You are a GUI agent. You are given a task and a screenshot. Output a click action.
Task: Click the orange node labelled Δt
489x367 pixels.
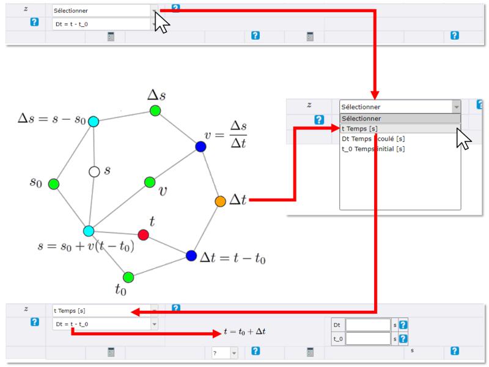coord(220,201)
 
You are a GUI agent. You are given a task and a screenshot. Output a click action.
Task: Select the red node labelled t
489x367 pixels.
coord(143,235)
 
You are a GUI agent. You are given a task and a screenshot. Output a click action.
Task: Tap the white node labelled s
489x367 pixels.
coord(94,172)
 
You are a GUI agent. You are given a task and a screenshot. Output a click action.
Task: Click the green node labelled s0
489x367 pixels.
coord(54,184)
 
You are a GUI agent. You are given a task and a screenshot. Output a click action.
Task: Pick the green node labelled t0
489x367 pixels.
coord(128,277)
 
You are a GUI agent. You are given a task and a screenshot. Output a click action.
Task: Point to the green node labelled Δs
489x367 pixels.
coord(155,111)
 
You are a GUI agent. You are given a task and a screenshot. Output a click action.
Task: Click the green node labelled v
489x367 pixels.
coord(150,182)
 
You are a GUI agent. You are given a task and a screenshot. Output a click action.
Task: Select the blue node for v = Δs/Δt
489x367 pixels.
coord(200,146)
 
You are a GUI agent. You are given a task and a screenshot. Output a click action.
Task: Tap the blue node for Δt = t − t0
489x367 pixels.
coord(191,256)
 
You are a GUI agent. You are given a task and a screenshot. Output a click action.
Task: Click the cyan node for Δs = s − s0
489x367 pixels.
coord(94,121)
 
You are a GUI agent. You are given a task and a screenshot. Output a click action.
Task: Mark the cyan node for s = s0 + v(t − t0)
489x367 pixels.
coord(89,231)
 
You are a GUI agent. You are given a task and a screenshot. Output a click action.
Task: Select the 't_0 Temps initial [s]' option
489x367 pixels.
coord(373,149)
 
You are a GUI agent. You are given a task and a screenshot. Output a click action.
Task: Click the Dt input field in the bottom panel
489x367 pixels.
coord(368,325)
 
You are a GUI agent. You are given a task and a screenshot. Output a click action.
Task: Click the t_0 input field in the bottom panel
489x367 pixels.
coord(368,339)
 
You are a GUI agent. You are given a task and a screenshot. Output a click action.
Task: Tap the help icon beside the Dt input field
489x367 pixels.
coord(403,325)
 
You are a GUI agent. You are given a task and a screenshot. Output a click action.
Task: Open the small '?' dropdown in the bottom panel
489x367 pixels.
coord(224,354)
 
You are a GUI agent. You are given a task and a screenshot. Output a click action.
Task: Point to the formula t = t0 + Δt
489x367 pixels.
coord(244,332)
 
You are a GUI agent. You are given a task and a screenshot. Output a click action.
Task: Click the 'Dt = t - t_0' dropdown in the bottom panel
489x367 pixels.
coord(105,324)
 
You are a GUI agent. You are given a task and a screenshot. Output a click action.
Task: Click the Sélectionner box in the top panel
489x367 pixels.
coord(105,11)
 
